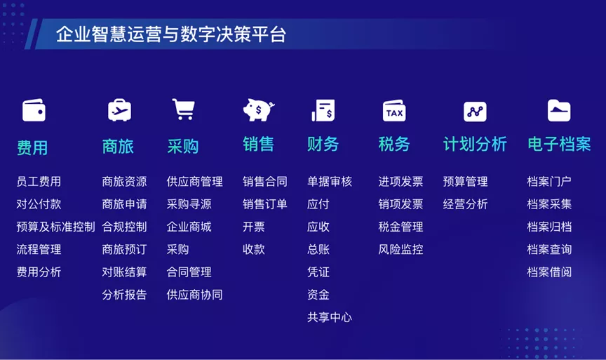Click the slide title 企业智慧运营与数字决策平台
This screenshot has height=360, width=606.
point(171,34)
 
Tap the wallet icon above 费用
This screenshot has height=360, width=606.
point(34,110)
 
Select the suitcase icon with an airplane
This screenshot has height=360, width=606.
point(119,109)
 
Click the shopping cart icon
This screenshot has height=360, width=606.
point(183,109)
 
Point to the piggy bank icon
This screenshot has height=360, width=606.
point(259,109)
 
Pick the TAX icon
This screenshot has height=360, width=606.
point(394,111)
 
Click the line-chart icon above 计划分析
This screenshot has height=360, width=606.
point(475,112)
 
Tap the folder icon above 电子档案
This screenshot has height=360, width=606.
point(559,111)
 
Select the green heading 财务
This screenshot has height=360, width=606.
point(323,145)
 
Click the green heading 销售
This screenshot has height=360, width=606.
point(259,145)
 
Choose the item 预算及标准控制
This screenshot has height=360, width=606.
point(55,227)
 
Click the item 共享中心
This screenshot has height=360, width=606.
point(330,317)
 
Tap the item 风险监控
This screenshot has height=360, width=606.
point(400,249)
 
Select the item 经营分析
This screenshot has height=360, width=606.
point(465,204)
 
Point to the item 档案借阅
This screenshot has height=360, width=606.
point(549,272)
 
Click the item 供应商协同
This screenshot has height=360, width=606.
point(194,295)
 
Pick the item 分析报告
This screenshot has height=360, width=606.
point(124,295)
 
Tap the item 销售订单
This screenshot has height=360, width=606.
point(265,204)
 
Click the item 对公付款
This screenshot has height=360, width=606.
point(39,204)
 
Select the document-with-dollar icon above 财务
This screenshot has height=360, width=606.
point(323,110)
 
